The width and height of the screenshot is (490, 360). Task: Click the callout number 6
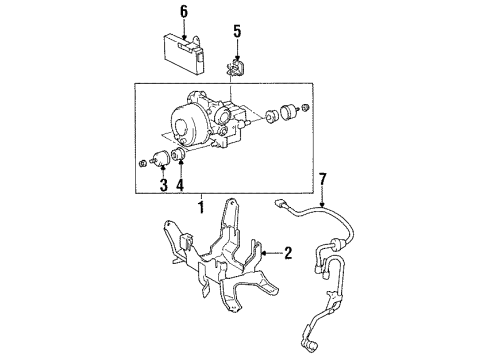[x=183, y=11]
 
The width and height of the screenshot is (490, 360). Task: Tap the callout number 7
[x=322, y=180]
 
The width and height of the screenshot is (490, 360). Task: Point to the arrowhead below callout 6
[x=183, y=36]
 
